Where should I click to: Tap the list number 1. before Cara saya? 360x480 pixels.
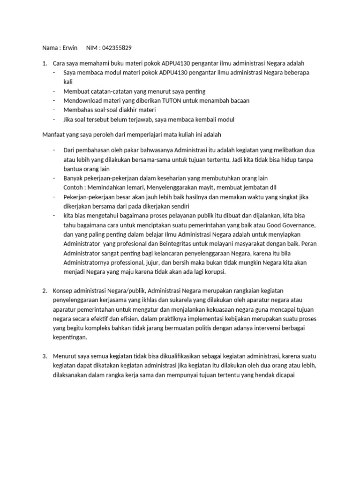click(x=45, y=63)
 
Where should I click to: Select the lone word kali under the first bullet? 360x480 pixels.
click(x=68, y=82)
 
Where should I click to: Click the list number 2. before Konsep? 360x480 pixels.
click(x=45, y=291)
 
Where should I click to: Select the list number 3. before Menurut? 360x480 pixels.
click(x=45, y=357)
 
